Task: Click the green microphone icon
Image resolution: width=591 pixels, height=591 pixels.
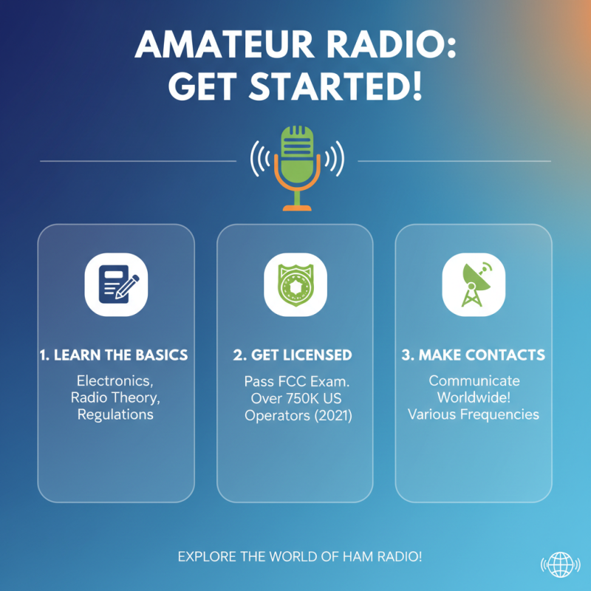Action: point(297,165)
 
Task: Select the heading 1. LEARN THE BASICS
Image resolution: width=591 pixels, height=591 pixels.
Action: point(114,355)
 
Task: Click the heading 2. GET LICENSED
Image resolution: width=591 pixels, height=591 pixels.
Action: point(293,355)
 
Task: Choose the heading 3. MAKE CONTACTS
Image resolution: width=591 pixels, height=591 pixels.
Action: point(474,355)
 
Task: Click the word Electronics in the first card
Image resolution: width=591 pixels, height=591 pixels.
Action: point(115,381)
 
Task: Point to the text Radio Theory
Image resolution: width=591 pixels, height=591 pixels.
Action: point(115,398)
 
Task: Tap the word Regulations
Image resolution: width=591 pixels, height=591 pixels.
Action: point(115,414)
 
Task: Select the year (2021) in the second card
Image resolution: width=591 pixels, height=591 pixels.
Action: point(330,416)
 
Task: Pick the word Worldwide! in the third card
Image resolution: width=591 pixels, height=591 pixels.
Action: point(474,397)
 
